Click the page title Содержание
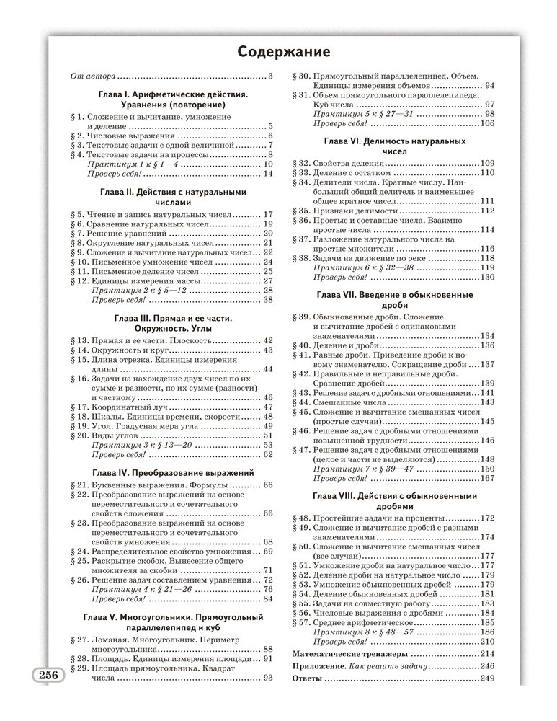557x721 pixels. (x=284, y=52)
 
